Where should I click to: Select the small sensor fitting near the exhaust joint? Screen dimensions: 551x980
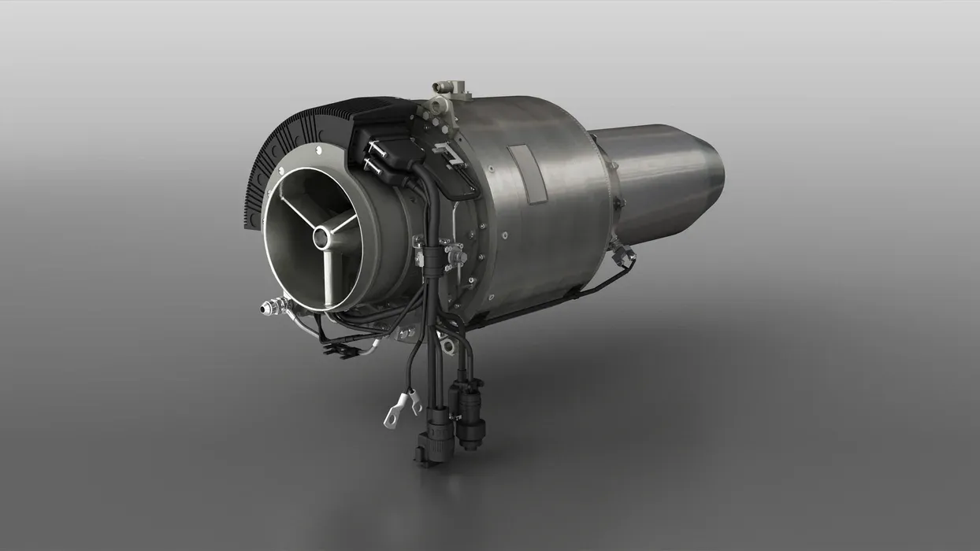(624, 253)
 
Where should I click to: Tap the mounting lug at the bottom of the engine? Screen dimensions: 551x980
(446, 345)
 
